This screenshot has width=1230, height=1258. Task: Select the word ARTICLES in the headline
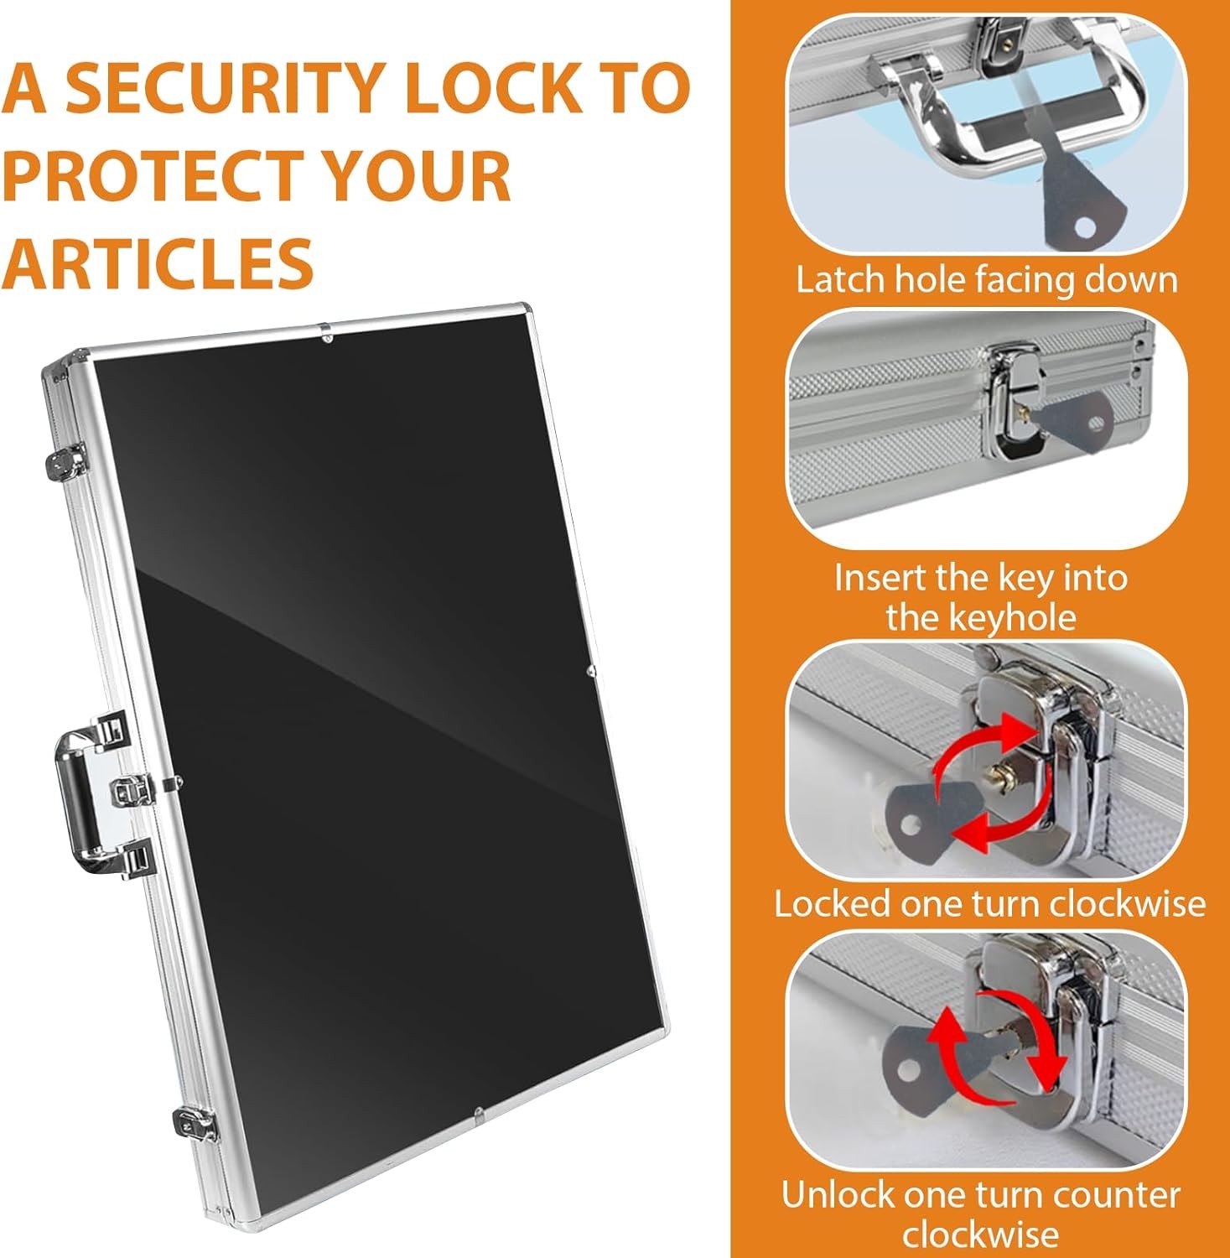pos(158,263)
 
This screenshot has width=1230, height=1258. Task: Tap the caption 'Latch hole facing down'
pos(987,279)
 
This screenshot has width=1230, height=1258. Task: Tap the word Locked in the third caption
pos(832,904)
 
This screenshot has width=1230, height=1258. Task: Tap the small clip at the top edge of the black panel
pos(327,336)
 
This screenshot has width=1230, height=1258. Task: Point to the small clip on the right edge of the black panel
pos(591,671)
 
